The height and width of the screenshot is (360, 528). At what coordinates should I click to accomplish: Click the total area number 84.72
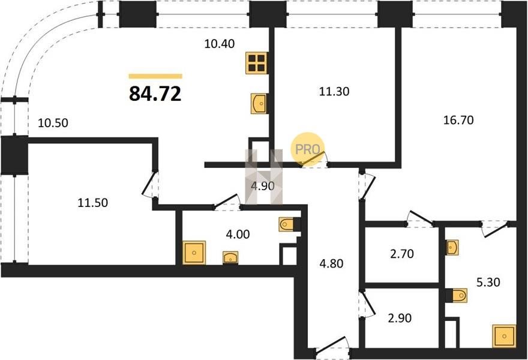155,94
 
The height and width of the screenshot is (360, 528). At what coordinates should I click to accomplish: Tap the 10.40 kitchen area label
220,44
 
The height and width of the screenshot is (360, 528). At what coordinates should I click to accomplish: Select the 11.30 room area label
334,91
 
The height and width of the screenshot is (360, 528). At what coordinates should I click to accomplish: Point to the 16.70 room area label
458,120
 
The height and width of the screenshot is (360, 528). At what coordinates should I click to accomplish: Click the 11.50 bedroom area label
92,203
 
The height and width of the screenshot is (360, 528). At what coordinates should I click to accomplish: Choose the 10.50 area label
53,123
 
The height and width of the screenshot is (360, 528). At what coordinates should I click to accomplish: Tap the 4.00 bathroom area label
238,234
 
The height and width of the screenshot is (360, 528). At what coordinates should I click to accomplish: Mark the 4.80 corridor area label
331,263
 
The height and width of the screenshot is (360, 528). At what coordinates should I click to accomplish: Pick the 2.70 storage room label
402,254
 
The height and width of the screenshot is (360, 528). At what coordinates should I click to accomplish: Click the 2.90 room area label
400,318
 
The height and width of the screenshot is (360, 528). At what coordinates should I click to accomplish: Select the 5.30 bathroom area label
488,282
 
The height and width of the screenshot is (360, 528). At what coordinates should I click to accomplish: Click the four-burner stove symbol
257,63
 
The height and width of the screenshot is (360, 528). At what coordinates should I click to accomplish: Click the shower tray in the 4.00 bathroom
194,253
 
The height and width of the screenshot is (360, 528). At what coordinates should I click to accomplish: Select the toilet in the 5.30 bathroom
457,296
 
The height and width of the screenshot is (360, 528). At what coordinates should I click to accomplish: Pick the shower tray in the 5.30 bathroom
504,336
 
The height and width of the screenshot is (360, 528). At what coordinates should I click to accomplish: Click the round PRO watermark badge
307,149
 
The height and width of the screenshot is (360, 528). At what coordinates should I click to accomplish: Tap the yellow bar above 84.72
155,76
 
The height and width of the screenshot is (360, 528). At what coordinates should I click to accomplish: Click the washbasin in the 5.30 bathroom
452,248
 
